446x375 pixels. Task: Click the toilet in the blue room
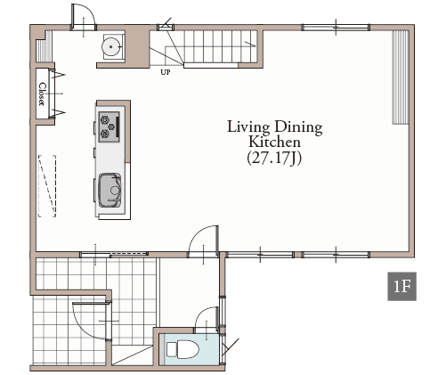(182, 349)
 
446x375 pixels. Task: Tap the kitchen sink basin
(109, 190)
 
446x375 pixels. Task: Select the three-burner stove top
(109, 126)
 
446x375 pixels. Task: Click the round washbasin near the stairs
(111, 46)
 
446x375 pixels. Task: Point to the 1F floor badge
(401, 286)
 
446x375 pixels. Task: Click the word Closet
(43, 94)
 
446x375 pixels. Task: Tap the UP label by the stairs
(166, 72)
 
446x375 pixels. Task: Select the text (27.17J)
(274, 158)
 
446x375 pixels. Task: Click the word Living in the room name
(248, 126)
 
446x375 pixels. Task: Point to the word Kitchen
(274, 142)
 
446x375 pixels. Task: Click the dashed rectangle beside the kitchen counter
(47, 186)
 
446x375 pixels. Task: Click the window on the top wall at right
(336, 28)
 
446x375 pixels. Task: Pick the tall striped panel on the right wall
(401, 77)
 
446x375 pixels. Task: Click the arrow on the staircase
(250, 44)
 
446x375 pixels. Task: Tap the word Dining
(298, 127)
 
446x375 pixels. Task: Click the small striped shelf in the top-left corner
(40, 51)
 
